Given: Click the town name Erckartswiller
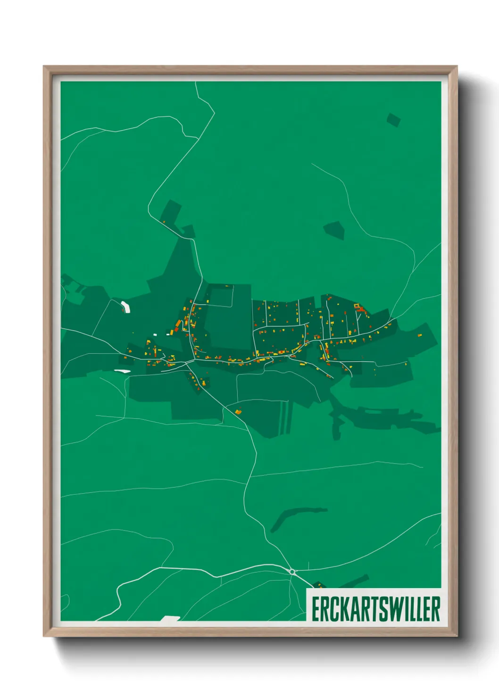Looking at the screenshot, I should pyautogui.click(x=375, y=609).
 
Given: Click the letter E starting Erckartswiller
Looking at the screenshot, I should pyautogui.click(x=315, y=609).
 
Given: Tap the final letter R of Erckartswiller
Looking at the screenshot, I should pyautogui.click(x=436, y=609).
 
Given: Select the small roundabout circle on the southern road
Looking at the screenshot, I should pyautogui.click(x=292, y=572).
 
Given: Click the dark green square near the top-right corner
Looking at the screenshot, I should pyautogui.click(x=393, y=120).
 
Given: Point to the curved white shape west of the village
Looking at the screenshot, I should pyautogui.click(x=125, y=307).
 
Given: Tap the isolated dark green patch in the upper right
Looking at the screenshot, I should pyautogui.click(x=334, y=230).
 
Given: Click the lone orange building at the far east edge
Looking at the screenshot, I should pyautogui.click(x=420, y=335).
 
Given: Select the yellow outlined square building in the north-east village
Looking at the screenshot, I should pyautogui.click(x=357, y=306).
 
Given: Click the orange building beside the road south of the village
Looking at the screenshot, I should pyautogui.click(x=238, y=412).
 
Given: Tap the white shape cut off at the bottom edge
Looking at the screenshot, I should pyautogui.click(x=170, y=618).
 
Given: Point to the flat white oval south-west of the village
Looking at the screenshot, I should pyautogui.click(x=122, y=371).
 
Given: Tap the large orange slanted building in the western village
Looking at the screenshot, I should pyautogui.click(x=178, y=325).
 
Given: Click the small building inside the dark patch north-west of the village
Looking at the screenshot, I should pyautogui.click(x=164, y=221).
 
